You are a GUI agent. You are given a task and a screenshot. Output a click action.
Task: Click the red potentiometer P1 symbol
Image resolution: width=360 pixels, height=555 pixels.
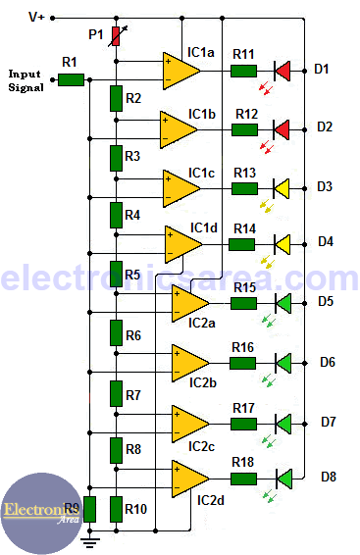pos(117,36)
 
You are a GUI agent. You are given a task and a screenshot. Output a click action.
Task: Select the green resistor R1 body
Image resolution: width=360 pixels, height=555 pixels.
pos(71,78)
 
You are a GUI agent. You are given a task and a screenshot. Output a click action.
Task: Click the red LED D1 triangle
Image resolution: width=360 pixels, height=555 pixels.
pos(283,71)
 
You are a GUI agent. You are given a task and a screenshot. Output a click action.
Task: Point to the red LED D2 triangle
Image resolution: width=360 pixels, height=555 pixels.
pos(283,128)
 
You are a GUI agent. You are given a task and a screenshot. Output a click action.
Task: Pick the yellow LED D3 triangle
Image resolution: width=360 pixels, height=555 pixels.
pos(283,186)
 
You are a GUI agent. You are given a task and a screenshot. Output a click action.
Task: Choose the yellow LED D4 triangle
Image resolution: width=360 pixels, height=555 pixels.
pos(283,242)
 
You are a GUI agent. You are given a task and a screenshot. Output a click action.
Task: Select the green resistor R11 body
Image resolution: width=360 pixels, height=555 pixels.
pos(243,71)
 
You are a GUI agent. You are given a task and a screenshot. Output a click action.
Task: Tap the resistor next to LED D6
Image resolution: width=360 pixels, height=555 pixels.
pos(243,363)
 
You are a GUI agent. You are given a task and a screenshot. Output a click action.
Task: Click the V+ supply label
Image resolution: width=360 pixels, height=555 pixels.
pos(36,18)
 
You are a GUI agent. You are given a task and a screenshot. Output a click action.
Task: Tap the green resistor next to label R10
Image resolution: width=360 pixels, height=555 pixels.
pos(117,508)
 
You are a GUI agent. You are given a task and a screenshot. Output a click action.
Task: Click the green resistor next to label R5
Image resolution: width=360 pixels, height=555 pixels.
pos(117,272)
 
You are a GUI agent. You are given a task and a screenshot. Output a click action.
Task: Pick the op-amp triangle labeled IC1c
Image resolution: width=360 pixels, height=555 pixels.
pos(181,186)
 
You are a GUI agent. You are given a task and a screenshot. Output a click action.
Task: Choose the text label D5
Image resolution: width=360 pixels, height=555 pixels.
pos(326,302)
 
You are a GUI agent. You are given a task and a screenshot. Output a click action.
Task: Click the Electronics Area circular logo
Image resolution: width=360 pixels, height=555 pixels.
pos(41,512)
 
